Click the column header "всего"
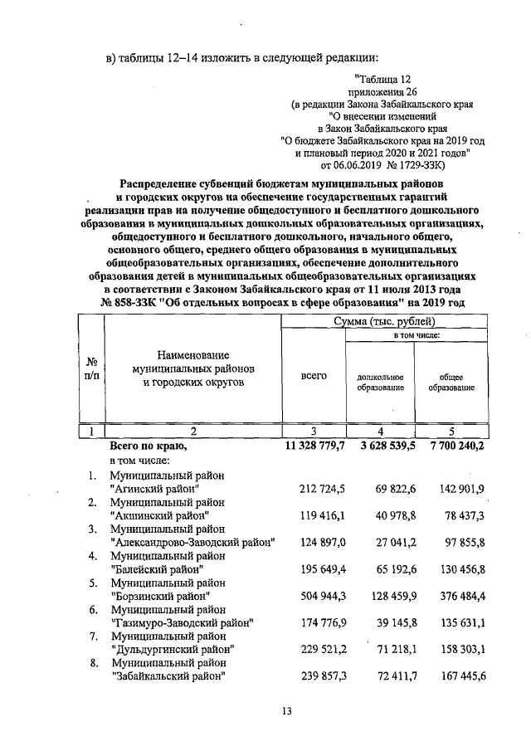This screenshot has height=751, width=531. tap(314, 376)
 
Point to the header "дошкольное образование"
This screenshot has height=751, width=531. tap(380, 382)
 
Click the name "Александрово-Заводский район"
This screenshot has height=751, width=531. tap(192, 543)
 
